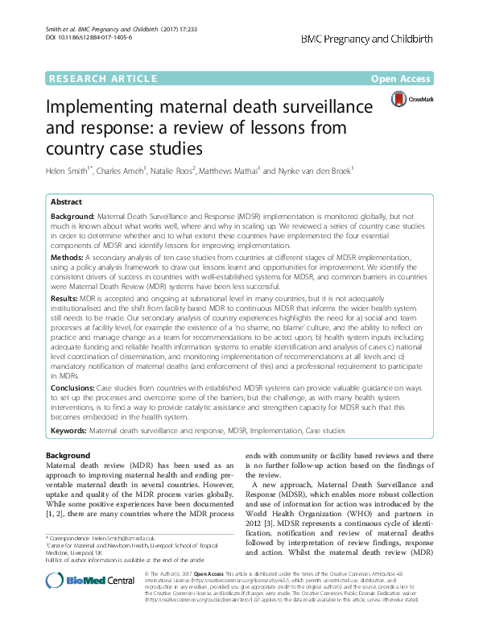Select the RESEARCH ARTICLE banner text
pos(103,78)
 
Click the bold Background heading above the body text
pos(68,456)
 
